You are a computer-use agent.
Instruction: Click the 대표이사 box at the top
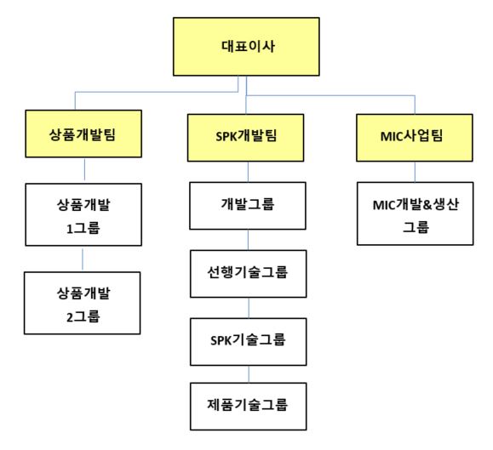click(246, 47)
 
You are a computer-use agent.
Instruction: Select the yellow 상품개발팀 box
click(83, 134)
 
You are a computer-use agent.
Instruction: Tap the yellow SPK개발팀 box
click(245, 138)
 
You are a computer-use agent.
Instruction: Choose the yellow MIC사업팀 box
click(415, 138)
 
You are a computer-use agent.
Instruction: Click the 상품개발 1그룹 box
click(83, 215)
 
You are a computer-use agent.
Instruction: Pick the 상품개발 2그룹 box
click(83, 303)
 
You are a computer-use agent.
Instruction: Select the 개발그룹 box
click(248, 206)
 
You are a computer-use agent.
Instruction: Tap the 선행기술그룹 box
click(249, 274)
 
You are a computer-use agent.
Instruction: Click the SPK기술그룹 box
click(249, 342)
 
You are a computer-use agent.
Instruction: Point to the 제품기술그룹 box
click(249, 407)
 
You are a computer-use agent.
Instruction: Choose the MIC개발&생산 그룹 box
click(415, 214)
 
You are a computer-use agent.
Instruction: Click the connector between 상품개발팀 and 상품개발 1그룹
click(84, 169)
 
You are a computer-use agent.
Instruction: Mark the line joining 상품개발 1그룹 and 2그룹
click(83, 259)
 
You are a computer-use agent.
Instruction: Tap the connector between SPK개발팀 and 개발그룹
click(248, 172)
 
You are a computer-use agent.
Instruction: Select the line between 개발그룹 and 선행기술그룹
click(248, 240)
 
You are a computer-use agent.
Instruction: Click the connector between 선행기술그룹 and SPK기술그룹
click(249, 308)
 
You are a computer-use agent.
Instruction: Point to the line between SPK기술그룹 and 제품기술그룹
click(249, 374)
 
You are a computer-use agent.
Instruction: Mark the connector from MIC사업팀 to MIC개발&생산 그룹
click(415, 172)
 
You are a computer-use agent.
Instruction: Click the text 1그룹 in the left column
click(83, 228)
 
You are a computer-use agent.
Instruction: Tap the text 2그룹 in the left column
click(83, 316)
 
